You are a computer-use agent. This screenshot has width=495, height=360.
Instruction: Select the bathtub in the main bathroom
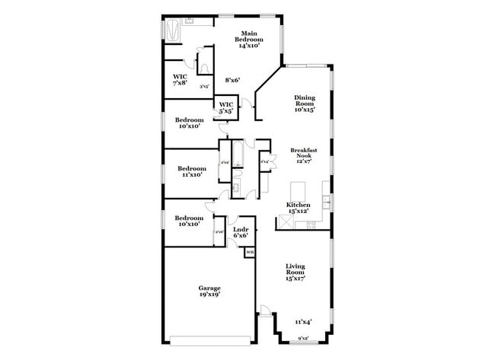174,31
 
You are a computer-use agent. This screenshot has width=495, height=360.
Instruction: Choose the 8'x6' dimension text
233,80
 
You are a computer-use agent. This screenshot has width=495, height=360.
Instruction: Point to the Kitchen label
298,205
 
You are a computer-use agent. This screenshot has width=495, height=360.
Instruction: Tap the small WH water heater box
250,252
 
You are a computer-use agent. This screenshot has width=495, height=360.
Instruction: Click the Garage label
209,288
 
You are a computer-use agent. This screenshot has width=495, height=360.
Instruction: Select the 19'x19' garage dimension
209,296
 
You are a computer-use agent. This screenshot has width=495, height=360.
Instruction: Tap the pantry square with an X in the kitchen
286,222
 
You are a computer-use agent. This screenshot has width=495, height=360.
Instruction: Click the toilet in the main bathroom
204,67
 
